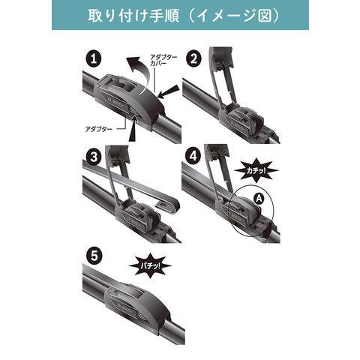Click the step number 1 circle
click(94, 59)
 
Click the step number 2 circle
click(193, 59)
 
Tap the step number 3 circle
click(94, 157)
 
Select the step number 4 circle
click(193, 156)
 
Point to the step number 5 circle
click(94, 256)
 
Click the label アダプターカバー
click(163, 60)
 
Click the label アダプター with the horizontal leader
click(99, 129)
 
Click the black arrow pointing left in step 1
click(169, 91)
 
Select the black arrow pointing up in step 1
click(133, 130)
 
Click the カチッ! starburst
click(256, 171)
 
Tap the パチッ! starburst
click(150, 265)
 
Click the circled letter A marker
click(259, 199)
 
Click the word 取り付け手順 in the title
click(133, 16)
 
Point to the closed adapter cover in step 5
click(137, 304)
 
